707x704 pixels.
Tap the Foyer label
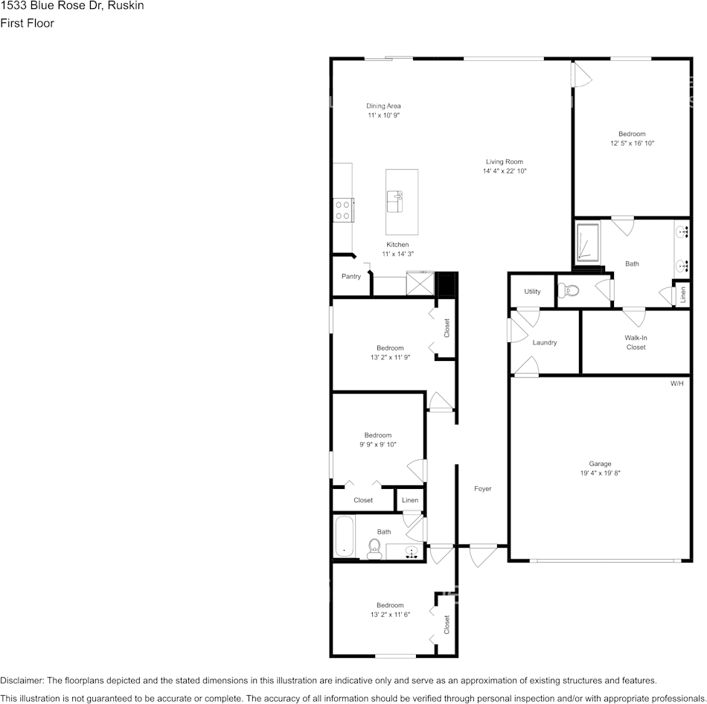click(483, 489)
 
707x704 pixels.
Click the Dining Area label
click(383, 106)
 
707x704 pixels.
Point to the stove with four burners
click(342, 210)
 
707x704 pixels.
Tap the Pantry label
click(351, 276)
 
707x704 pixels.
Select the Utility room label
click(532, 292)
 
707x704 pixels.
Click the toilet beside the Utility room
click(570, 289)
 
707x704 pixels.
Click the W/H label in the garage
click(676, 384)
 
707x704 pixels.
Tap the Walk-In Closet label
click(636, 342)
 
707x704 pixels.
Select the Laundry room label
click(545, 342)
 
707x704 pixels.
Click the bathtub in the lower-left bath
click(344, 536)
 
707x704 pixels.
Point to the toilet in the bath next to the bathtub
click(374, 548)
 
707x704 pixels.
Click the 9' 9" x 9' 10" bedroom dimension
click(378, 444)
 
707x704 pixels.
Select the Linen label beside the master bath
click(682, 294)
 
